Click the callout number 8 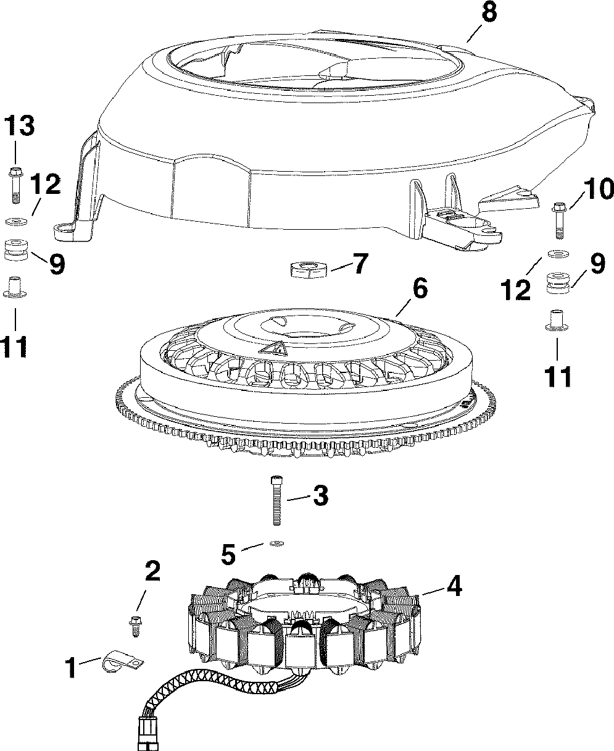point(488,14)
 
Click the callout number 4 point(454,585)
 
